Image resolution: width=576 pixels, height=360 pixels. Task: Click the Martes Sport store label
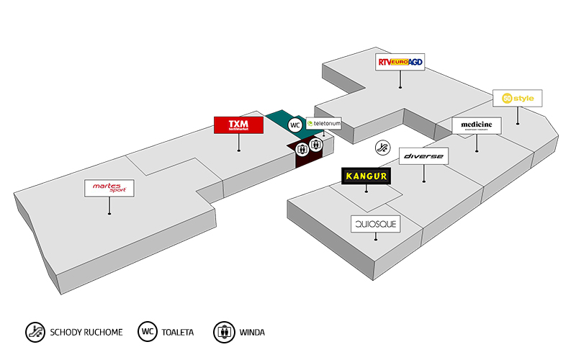pyautogui.click(x=109, y=188)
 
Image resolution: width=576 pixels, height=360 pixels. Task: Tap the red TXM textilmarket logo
pyautogui.click(x=238, y=125)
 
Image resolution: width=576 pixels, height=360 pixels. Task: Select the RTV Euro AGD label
pyautogui.click(x=400, y=63)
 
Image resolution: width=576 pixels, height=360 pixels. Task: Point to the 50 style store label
pyautogui.click(x=517, y=98)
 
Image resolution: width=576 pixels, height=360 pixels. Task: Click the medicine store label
pyautogui.click(x=477, y=125)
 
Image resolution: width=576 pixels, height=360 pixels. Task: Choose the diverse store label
pyautogui.click(x=423, y=156)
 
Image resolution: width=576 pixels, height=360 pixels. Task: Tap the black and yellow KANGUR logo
pyautogui.click(x=366, y=175)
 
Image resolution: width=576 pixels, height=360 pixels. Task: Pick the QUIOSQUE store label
pyautogui.click(x=374, y=225)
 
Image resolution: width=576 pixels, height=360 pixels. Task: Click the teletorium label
pyautogui.click(x=323, y=124)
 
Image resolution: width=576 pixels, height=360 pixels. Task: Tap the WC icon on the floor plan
pyautogui.click(x=294, y=125)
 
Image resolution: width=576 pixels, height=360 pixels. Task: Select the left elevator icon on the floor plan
pyautogui.click(x=302, y=148)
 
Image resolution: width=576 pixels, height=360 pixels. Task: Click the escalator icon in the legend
pyautogui.click(x=35, y=332)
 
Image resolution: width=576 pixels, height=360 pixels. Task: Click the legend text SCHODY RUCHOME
pyautogui.click(x=86, y=333)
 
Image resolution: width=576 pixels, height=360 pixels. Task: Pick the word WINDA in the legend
pyautogui.click(x=253, y=333)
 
